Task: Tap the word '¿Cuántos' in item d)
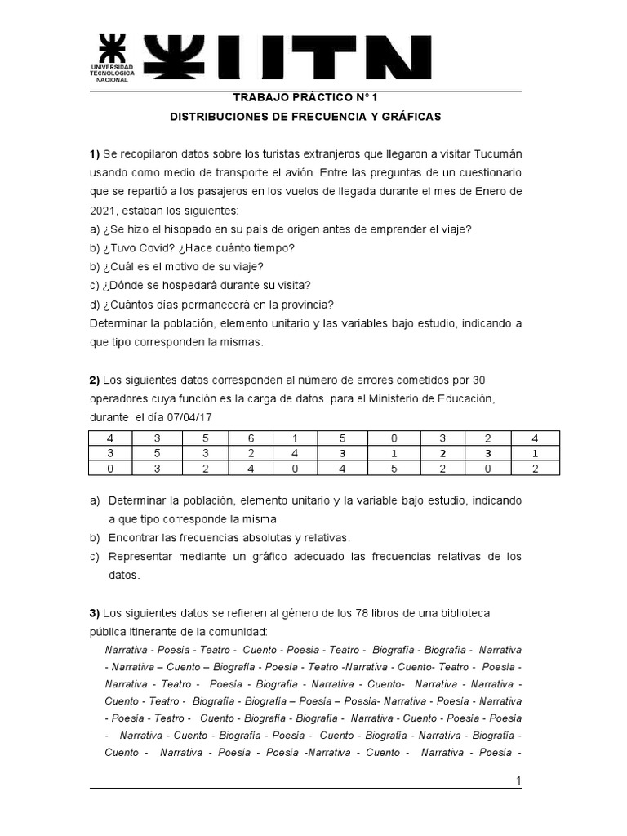click(127, 304)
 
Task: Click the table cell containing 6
click(251, 438)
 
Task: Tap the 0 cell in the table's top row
click(394, 438)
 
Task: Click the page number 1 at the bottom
click(518, 781)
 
